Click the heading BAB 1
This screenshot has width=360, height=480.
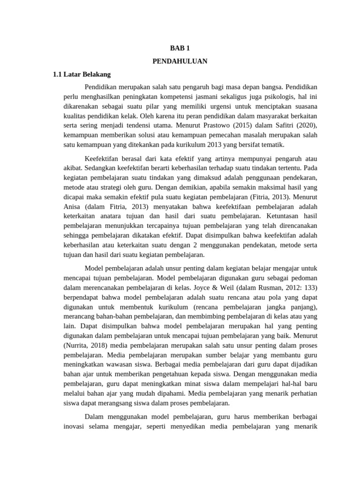click(180, 48)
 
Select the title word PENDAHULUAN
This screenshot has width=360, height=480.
click(180, 61)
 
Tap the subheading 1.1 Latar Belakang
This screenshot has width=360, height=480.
click(82, 74)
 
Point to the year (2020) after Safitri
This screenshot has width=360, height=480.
click(306, 126)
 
